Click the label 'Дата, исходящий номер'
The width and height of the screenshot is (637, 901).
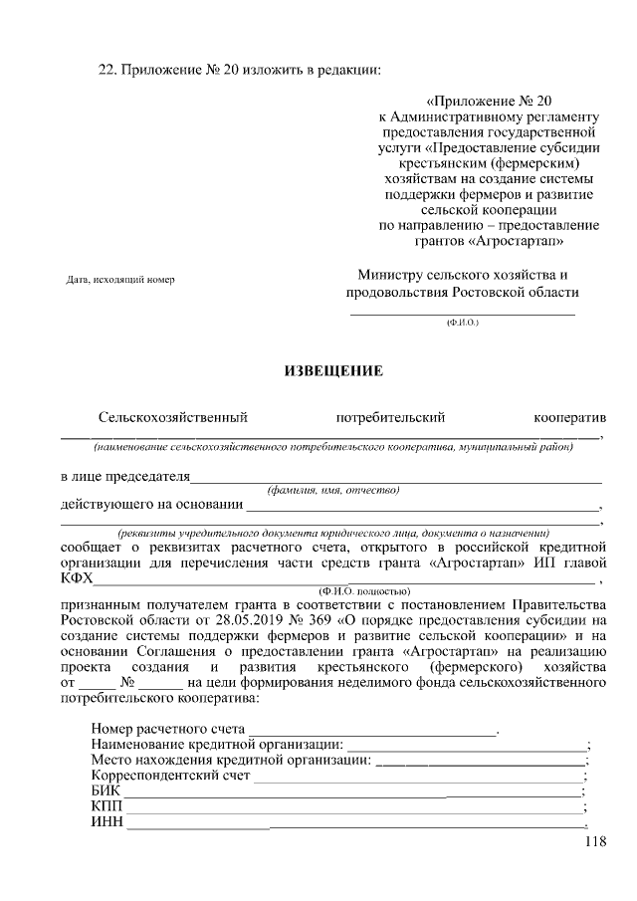click(119, 280)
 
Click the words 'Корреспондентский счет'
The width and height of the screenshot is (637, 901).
click(171, 776)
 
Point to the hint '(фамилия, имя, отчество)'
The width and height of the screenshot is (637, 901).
click(333, 490)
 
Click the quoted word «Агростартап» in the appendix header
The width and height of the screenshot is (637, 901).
click(526, 241)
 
